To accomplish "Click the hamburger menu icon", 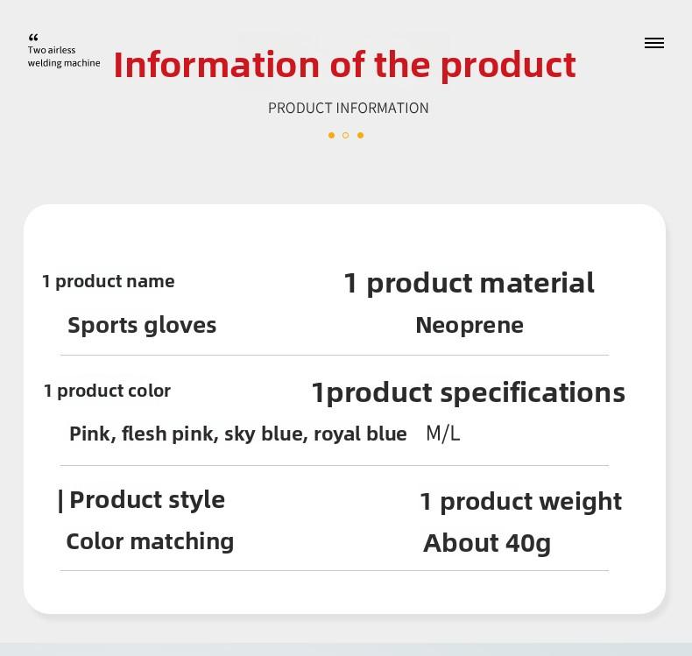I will pyautogui.click(x=653, y=43).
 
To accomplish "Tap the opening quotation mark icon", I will pyautogui.click(x=33, y=38).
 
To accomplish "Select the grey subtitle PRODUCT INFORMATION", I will pyautogui.click(x=348, y=108).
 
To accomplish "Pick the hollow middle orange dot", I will pyautogui.click(x=345, y=135).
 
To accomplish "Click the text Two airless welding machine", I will pyautogui.click(x=63, y=57).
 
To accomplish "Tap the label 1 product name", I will pyautogui.click(x=109, y=281).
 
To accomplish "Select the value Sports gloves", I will pyautogui.click(x=142, y=325).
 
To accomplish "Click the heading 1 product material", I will pyautogui.click(x=469, y=283).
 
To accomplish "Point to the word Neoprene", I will pyautogui.click(x=470, y=325).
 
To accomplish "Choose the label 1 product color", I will pyautogui.click(x=107, y=391).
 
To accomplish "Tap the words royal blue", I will pyautogui.click(x=360, y=434).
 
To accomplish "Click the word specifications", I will pyautogui.click(x=533, y=392).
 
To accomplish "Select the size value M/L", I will pyautogui.click(x=442, y=434).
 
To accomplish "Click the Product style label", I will pyautogui.click(x=146, y=499).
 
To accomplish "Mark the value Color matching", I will pyautogui.click(x=150, y=541).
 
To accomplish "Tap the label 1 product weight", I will pyautogui.click(x=520, y=501).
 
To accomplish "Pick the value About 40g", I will pyautogui.click(x=487, y=543).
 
